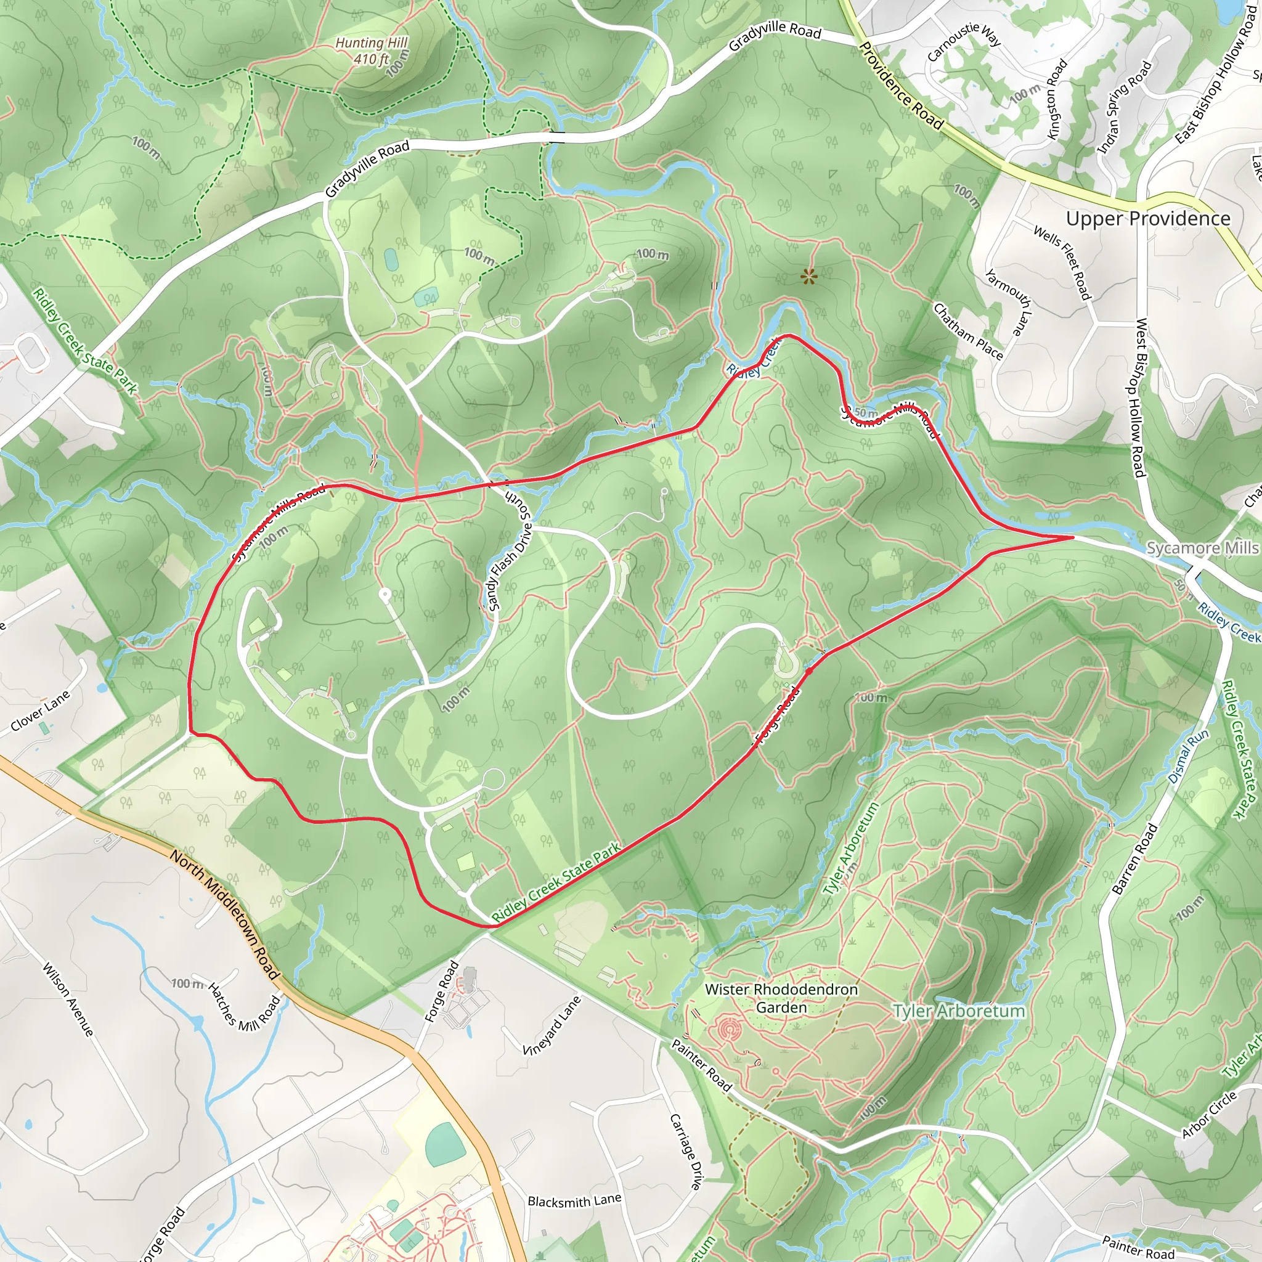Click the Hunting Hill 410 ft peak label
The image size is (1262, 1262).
[x=371, y=51]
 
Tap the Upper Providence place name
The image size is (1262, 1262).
[x=1147, y=218]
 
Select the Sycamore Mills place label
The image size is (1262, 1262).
[x=1203, y=547]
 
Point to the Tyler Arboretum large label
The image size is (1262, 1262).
[x=959, y=1011]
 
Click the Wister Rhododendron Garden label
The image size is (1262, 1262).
[x=781, y=998]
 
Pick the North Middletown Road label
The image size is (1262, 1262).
[x=225, y=913]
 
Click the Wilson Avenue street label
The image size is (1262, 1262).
[x=68, y=999]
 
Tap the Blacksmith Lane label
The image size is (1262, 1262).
[x=574, y=1200]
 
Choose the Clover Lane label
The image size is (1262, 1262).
[x=40, y=711]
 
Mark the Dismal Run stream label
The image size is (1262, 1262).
[x=1188, y=755]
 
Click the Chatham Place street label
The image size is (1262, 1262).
[x=967, y=331]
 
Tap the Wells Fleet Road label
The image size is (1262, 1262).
[x=1062, y=262]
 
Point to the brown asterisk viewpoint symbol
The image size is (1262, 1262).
[x=808, y=278]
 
